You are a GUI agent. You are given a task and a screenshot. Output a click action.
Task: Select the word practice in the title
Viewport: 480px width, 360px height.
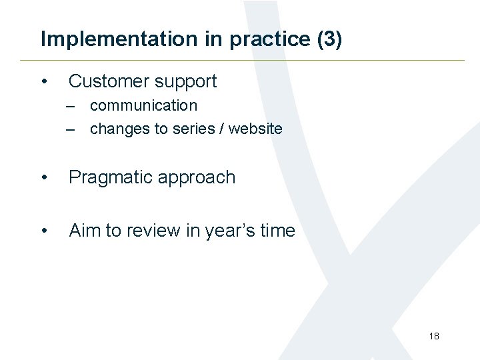click(x=270, y=39)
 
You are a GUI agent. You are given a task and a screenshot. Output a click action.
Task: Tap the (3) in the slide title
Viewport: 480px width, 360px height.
click(x=329, y=39)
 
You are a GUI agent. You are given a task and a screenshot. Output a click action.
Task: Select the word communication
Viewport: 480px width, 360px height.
click(x=143, y=105)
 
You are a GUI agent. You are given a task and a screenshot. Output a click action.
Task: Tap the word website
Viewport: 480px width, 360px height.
click(x=255, y=129)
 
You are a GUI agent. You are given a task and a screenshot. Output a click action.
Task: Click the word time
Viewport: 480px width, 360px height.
click(x=277, y=231)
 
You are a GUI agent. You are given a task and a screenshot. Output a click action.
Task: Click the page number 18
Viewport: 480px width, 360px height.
click(x=434, y=336)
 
